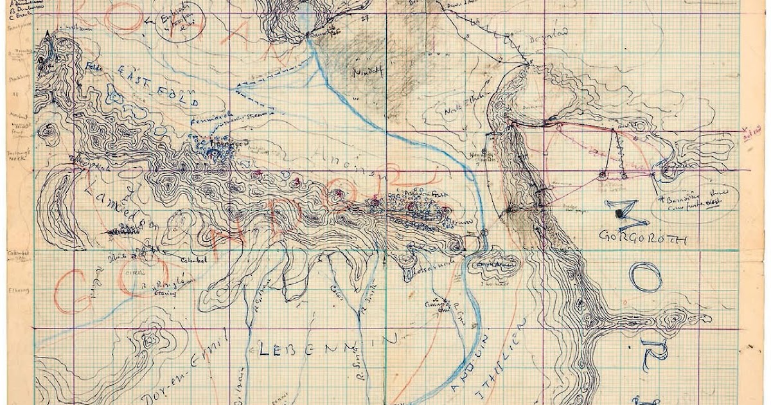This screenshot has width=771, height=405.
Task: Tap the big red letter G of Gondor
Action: [72, 289]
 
